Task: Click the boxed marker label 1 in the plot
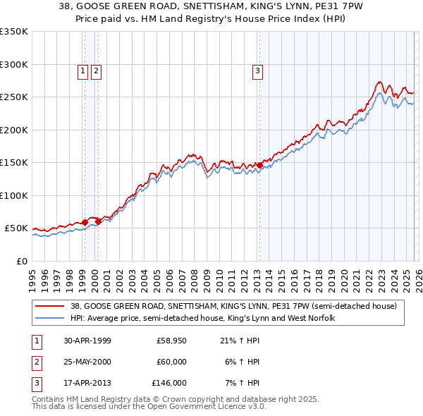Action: tap(83, 71)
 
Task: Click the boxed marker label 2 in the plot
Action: tap(96, 71)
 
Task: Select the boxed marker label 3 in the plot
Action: tap(258, 71)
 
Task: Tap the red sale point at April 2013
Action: tap(259, 165)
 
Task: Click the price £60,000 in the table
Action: tap(171, 362)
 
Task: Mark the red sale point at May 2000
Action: tap(99, 221)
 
